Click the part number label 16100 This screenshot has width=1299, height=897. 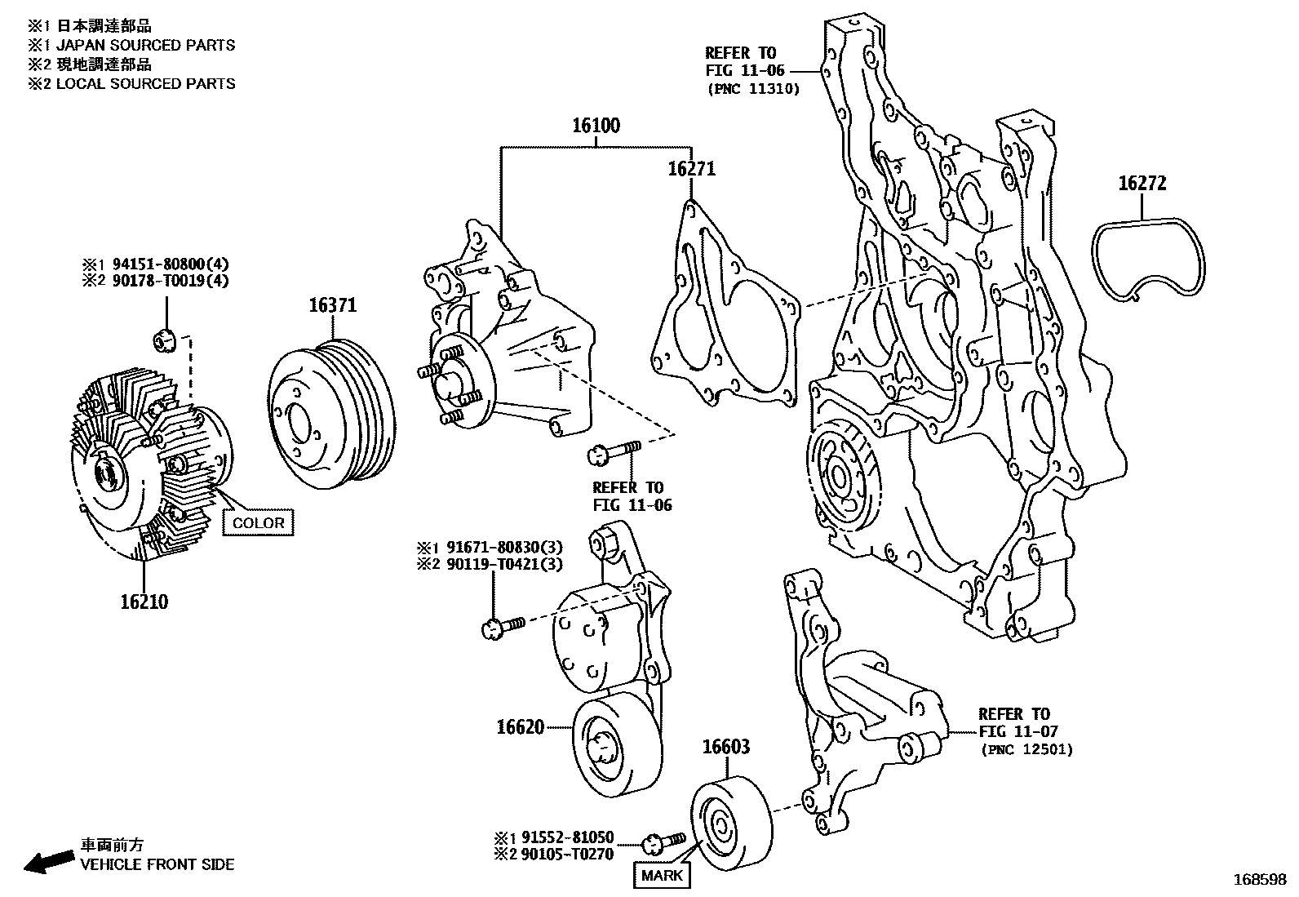[x=595, y=126]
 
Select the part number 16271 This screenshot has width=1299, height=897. [x=691, y=169]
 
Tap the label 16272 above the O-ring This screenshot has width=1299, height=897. [x=1142, y=184]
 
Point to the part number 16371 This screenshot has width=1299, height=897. [x=332, y=305]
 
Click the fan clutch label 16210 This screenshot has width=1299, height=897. [x=144, y=602]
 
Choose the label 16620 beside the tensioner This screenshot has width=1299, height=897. [x=520, y=726]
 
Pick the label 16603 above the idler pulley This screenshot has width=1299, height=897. [x=726, y=747]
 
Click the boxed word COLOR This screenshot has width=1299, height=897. [x=259, y=523]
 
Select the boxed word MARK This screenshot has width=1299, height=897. [x=662, y=876]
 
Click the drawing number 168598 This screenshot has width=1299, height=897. [x=1259, y=881]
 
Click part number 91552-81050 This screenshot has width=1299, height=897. [x=564, y=837]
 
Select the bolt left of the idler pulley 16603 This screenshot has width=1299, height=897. [x=664, y=841]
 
